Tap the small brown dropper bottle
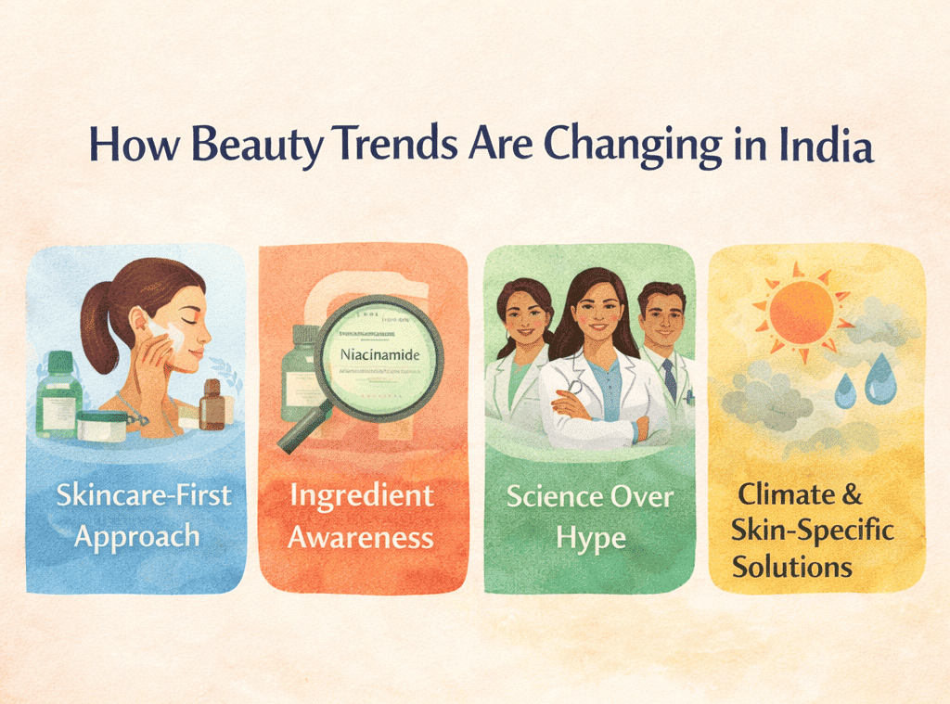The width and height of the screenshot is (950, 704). (212, 404)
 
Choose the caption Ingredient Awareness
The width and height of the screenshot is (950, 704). (361, 516)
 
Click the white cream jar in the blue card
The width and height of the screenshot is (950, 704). (101, 426)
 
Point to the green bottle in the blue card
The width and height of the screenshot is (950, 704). (58, 400)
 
